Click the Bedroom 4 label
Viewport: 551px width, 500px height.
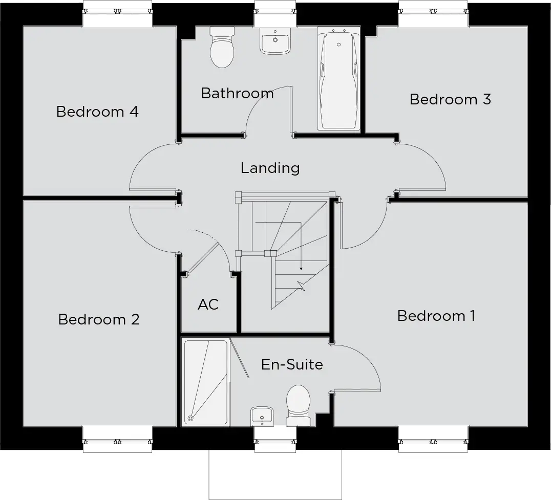tap(97, 112)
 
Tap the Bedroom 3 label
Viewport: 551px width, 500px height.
tap(450, 99)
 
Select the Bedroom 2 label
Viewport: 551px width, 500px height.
tap(99, 319)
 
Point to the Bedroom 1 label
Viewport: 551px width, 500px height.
tap(436, 316)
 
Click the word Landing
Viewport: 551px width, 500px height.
tap(270, 168)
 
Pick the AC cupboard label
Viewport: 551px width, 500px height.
tap(208, 305)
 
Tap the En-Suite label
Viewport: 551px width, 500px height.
tap(292, 364)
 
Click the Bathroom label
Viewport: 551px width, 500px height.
tap(237, 93)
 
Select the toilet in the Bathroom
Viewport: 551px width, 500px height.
tap(222, 47)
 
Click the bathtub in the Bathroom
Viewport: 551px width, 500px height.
tap(339, 78)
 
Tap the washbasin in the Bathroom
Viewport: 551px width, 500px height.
tap(275, 41)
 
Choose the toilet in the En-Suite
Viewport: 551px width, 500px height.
tap(299, 405)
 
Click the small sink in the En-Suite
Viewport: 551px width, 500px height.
tap(262, 417)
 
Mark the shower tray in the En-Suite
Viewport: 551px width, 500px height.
tap(205, 382)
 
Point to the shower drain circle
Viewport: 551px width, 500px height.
tap(190, 418)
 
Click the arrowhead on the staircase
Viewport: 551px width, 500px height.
tap(301, 269)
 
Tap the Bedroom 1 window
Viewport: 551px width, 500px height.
tap(433, 439)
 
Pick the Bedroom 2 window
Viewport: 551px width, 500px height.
tap(117, 439)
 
